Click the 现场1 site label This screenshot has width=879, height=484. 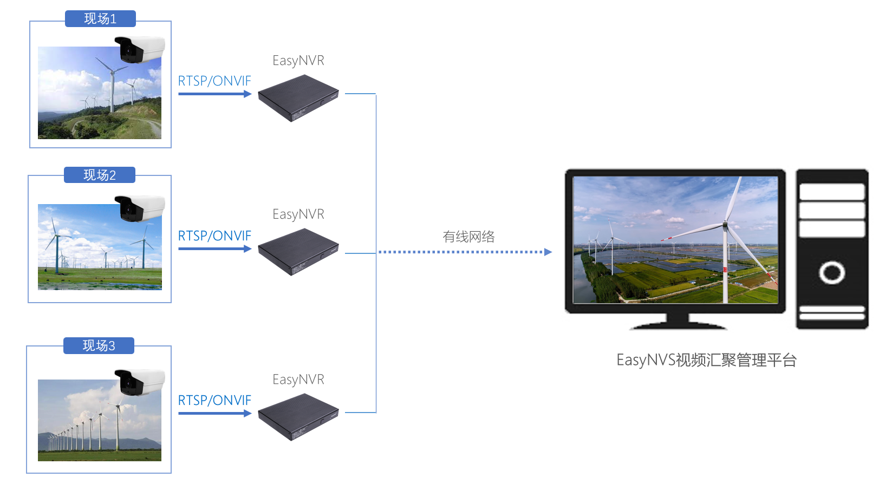[100, 19]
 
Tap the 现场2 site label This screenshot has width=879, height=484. [100, 175]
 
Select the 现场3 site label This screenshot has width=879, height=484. [99, 346]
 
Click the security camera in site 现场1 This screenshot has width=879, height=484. [139, 49]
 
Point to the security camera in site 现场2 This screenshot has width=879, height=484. [139, 208]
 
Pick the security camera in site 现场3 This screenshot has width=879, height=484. [139, 382]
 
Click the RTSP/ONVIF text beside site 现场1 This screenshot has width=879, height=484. [214, 81]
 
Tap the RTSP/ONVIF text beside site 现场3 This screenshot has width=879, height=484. [214, 401]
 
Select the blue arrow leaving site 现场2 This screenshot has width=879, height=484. [214, 249]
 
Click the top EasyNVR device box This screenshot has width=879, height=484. [298, 98]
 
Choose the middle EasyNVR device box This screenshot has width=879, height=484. [298, 252]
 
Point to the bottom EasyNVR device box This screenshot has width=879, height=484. [298, 417]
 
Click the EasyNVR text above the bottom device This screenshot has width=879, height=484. [298, 380]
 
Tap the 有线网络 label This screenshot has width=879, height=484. [468, 237]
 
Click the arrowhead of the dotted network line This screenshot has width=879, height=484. [548, 252]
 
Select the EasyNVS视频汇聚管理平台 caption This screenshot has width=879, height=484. [706, 360]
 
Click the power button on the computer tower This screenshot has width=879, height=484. [832, 272]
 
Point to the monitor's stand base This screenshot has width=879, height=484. [678, 325]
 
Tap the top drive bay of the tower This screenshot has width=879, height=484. [832, 192]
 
